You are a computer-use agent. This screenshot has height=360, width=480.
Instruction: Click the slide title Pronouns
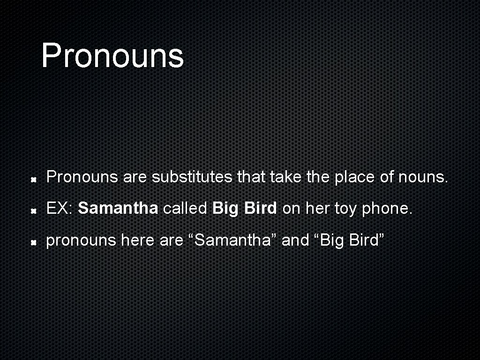[x=112, y=55]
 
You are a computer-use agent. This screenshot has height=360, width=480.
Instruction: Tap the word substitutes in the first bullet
[x=193, y=177]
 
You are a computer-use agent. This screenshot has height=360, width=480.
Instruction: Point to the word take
[x=286, y=177]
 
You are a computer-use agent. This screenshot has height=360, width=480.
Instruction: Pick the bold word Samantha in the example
[x=118, y=209]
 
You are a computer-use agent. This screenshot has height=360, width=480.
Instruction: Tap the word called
[x=185, y=209]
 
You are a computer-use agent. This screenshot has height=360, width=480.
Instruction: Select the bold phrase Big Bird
[x=244, y=209]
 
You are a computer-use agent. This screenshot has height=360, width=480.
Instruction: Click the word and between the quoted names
[x=295, y=240]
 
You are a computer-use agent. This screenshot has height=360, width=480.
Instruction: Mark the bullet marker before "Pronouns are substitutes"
[x=34, y=180]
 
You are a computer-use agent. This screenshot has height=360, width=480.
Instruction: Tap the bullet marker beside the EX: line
[x=34, y=211]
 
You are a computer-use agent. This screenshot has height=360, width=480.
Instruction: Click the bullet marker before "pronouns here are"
[x=34, y=242]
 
